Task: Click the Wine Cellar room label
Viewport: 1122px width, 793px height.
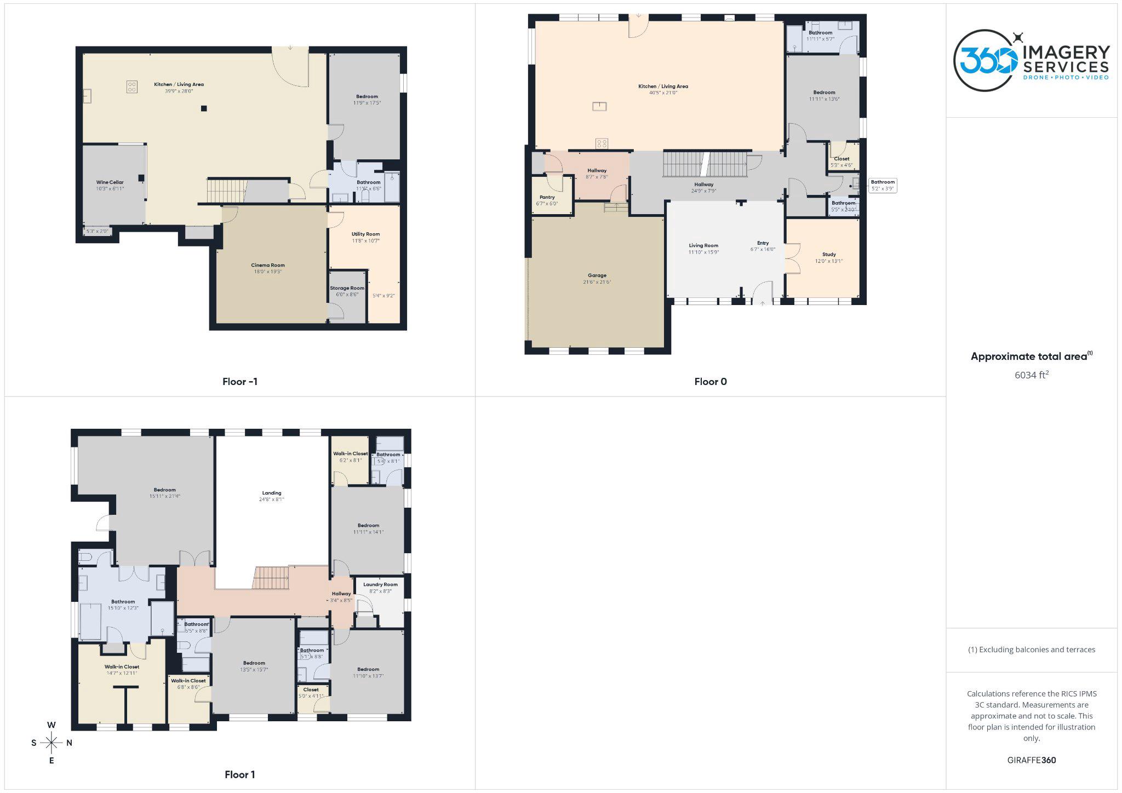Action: pyautogui.click(x=110, y=182)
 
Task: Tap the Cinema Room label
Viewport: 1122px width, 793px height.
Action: pyautogui.click(x=268, y=265)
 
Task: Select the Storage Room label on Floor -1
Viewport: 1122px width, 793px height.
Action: pyautogui.click(x=347, y=288)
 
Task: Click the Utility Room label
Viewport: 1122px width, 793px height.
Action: pyautogui.click(x=365, y=234)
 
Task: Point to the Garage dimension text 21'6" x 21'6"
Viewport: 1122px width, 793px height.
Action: pyautogui.click(x=597, y=282)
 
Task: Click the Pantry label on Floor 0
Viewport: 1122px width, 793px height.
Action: pyautogui.click(x=547, y=197)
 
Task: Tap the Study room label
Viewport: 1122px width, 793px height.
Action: pyautogui.click(x=828, y=255)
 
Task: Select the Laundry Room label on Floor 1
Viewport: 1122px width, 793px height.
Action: pyautogui.click(x=380, y=584)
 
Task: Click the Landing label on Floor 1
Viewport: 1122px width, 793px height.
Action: pyautogui.click(x=271, y=493)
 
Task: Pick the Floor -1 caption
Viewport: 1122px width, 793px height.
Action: pyautogui.click(x=239, y=382)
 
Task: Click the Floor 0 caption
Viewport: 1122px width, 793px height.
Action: pyautogui.click(x=710, y=382)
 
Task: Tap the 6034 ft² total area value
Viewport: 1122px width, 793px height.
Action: pyautogui.click(x=1031, y=375)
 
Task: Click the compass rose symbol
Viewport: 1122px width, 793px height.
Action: pyautogui.click(x=51, y=743)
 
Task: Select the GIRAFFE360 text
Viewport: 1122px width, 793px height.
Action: pyautogui.click(x=1031, y=760)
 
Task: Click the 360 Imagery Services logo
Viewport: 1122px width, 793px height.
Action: pyautogui.click(x=1031, y=60)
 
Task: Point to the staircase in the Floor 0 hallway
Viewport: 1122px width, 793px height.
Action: pyautogui.click(x=705, y=164)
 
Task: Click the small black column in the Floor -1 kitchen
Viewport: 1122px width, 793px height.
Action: pyautogui.click(x=204, y=108)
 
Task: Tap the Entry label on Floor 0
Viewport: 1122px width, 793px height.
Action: pyautogui.click(x=763, y=243)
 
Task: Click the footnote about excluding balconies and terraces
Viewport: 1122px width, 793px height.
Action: pyautogui.click(x=1031, y=650)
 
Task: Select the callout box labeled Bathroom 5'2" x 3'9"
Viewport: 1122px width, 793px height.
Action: pyautogui.click(x=882, y=185)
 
